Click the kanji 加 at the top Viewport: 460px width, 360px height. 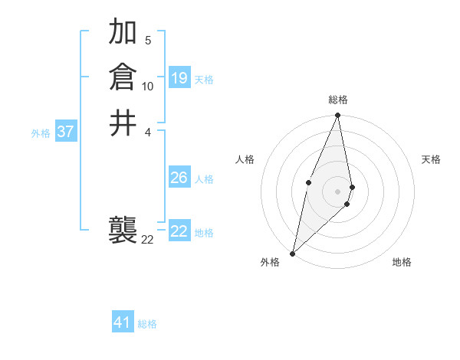(123, 32)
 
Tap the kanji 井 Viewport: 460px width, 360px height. (123, 123)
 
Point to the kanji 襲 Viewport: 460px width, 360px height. (123, 228)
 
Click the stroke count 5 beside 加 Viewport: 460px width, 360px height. (148, 40)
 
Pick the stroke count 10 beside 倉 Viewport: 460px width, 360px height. (148, 87)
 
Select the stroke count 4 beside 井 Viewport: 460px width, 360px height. (148, 131)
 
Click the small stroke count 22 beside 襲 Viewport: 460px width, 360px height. (147, 240)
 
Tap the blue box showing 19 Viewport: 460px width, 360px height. (179, 78)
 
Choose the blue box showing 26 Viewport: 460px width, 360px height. (179, 178)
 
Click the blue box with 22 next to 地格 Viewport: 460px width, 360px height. (179, 231)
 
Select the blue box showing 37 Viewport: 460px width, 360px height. (66, 132)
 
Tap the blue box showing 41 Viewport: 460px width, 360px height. (123, 322)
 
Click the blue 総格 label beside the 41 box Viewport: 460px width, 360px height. (147, 324)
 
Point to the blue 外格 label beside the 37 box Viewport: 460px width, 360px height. (41, 133)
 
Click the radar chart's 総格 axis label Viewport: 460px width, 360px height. (337, 100)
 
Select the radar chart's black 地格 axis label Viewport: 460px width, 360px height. (402, 263)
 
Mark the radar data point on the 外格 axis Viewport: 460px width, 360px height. (293, 253)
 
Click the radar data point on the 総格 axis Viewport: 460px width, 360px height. (337, 116)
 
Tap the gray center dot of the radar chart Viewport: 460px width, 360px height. (337, 191)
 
